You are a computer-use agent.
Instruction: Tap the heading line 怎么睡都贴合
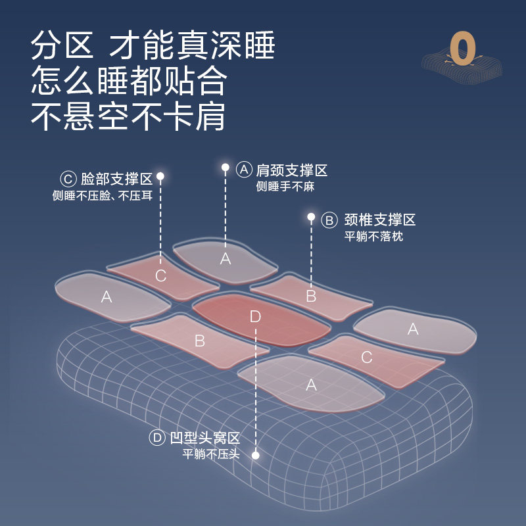click(x=129, y=82)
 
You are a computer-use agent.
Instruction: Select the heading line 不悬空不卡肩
click(x=129, y=116)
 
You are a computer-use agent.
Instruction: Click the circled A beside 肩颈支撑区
click(x=245, y=170)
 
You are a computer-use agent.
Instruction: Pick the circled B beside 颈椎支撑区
click(x=329, y=220)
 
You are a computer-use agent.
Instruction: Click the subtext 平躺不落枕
click(x=373, y=237)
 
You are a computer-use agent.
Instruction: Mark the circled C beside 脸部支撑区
click(x=68, y=179)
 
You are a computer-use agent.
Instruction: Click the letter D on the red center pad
click(x=255, y=317)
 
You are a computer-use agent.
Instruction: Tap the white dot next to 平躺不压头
click(x=255, y=455)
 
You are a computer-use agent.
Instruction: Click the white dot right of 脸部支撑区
click(x=160, y=176)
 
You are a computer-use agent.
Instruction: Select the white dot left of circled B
click(x=311, y=216)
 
